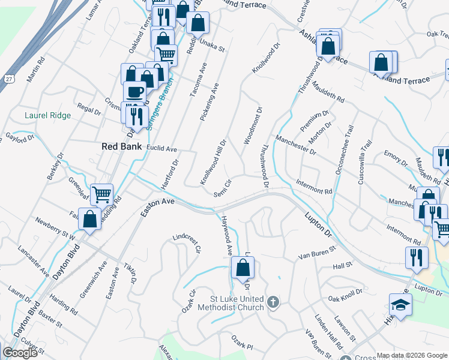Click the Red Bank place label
(122, 146)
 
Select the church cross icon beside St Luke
(273, 301)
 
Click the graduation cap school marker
(400, 305)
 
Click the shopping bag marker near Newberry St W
(89, 219)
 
